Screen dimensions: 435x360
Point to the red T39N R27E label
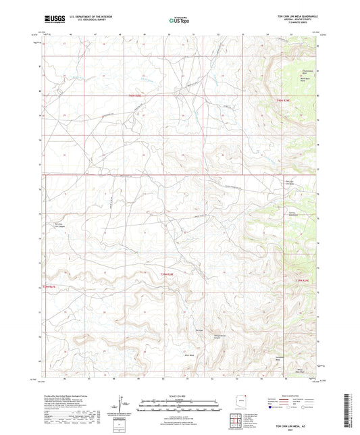(51, 288)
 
